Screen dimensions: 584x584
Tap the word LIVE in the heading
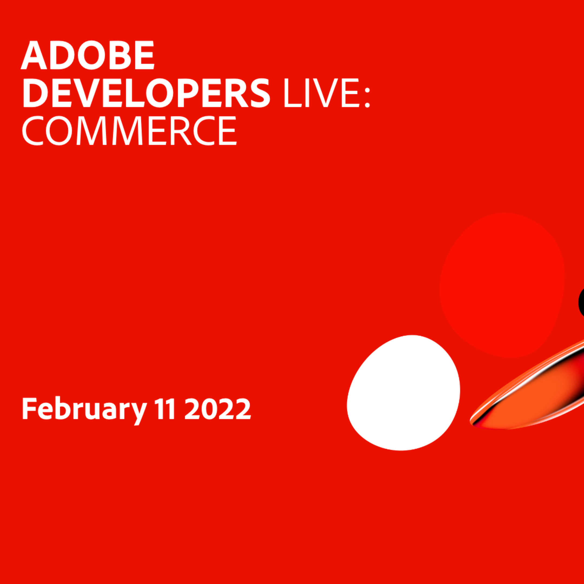(x=320, y=93)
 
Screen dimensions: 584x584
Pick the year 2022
(x=217, y=409)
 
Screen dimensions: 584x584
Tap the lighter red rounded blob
(x=502, y=284)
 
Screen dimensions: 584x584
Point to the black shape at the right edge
(x=581, y=302)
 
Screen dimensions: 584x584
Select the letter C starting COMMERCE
(x=34, y=131)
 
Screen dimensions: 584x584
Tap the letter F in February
(x=29, y=409)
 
